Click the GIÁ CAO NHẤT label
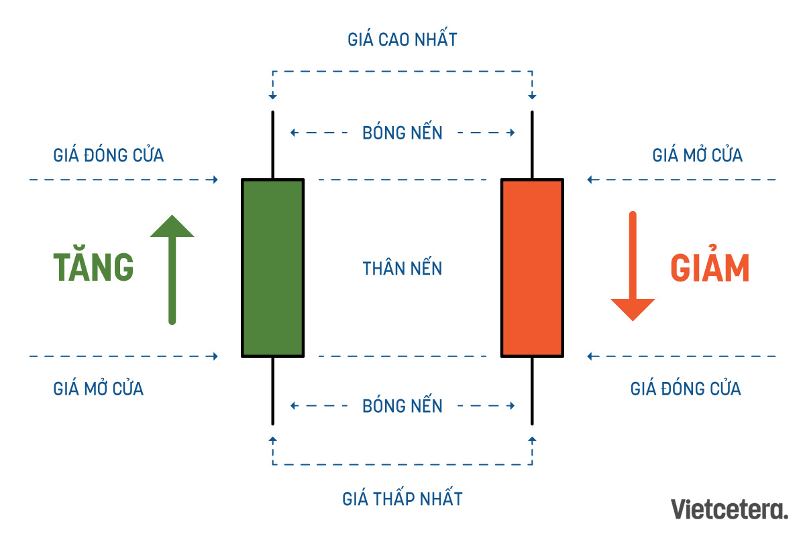click(402, 39)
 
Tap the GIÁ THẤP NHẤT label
click(402, 498)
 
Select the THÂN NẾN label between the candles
click(402, 269)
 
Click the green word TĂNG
click(94, 268)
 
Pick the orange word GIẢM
click(710, 269)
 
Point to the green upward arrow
click(172, 268)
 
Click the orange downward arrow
click(633, 268)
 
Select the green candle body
click(273, 267)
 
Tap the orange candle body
click(532, 267)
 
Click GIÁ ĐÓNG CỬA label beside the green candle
click(109, 155)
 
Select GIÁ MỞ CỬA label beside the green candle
click(99, 388)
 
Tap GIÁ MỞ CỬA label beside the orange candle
click(698, 155)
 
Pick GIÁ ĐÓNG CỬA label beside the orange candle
click(686, 388)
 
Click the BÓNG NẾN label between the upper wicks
click(402, 133)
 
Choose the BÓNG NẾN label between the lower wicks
click(402, 405)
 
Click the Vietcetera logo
click(730, 509)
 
